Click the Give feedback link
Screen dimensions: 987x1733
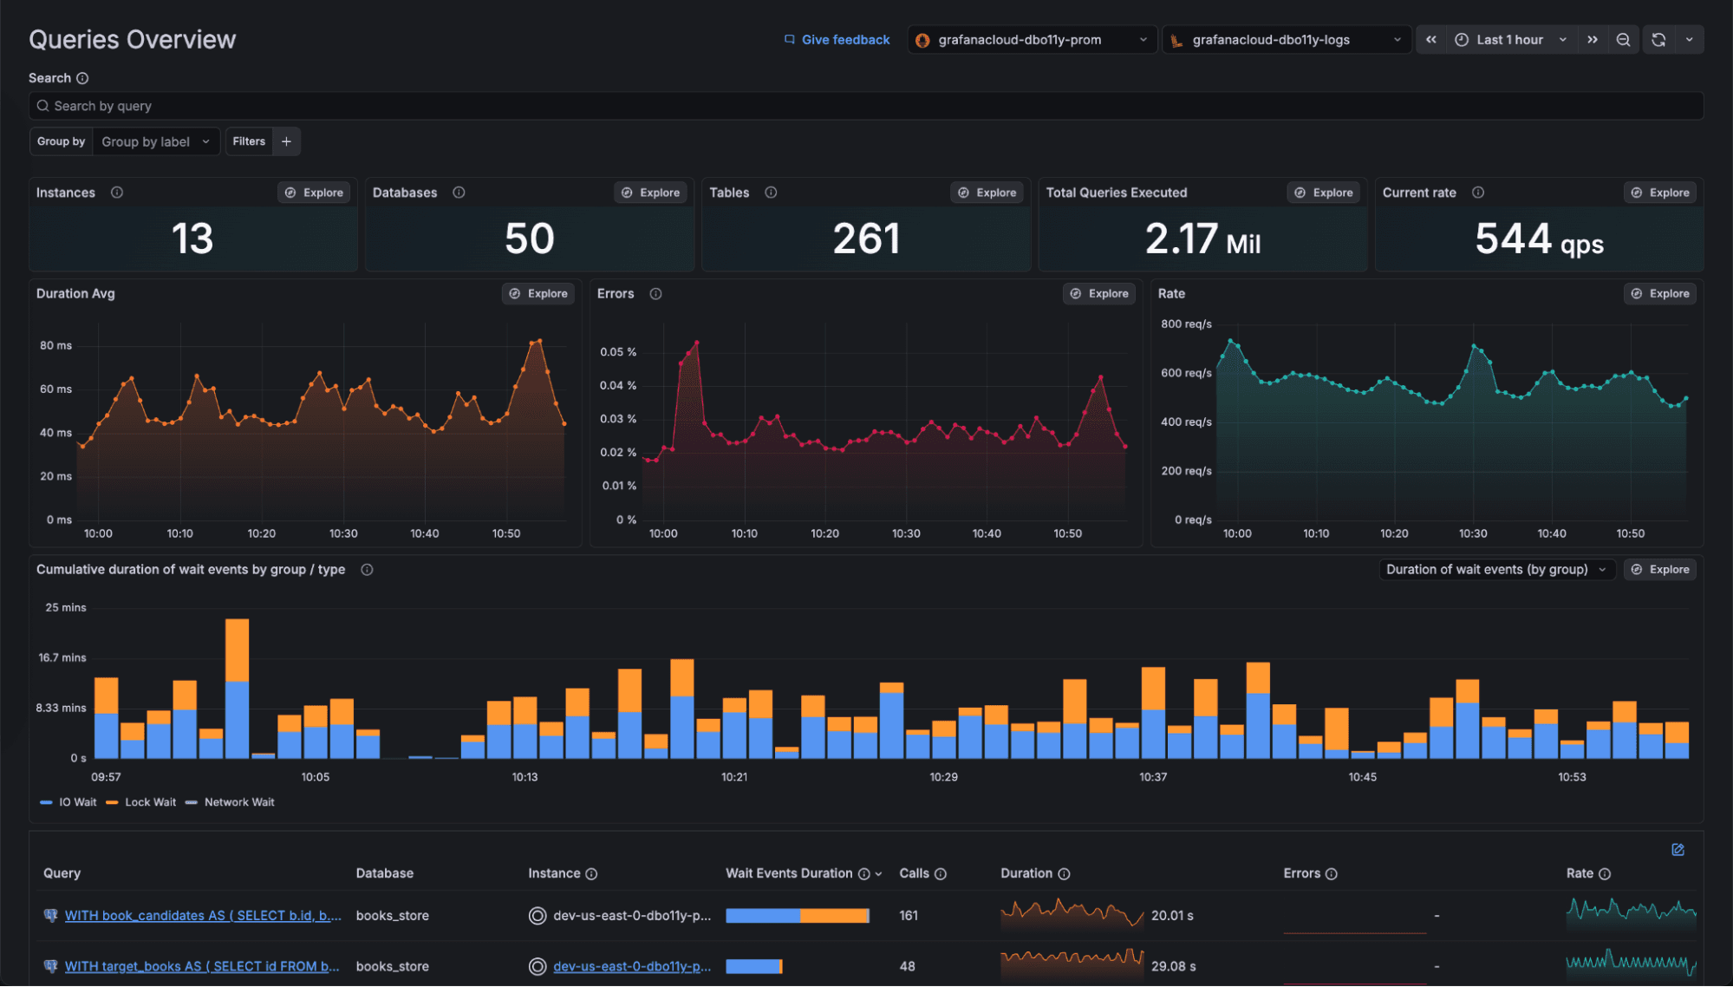point(837,40)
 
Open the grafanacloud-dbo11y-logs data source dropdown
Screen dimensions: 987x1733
point(1285,40)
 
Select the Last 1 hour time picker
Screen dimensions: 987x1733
point(1510,40)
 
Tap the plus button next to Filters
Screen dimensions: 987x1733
point(286,141)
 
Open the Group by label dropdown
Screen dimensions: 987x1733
point(155,141)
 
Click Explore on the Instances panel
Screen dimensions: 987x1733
point(315,193)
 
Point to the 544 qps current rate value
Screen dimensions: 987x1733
point(1539,239)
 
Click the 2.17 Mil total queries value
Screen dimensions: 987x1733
point(1202,239)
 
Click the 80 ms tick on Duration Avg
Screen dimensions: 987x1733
point(55,345)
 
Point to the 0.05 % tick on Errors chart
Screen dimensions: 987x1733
point(618,352)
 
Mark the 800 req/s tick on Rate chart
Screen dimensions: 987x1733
point(1186,324)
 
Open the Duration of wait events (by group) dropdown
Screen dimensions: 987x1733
point(1495,570)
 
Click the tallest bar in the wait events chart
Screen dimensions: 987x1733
point(237,685)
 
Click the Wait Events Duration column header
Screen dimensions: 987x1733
point(789,873)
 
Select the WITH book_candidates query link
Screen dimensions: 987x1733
point(203,916)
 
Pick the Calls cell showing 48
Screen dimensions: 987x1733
point(907,966)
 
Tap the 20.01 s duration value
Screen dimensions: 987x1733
point(1172,916)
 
